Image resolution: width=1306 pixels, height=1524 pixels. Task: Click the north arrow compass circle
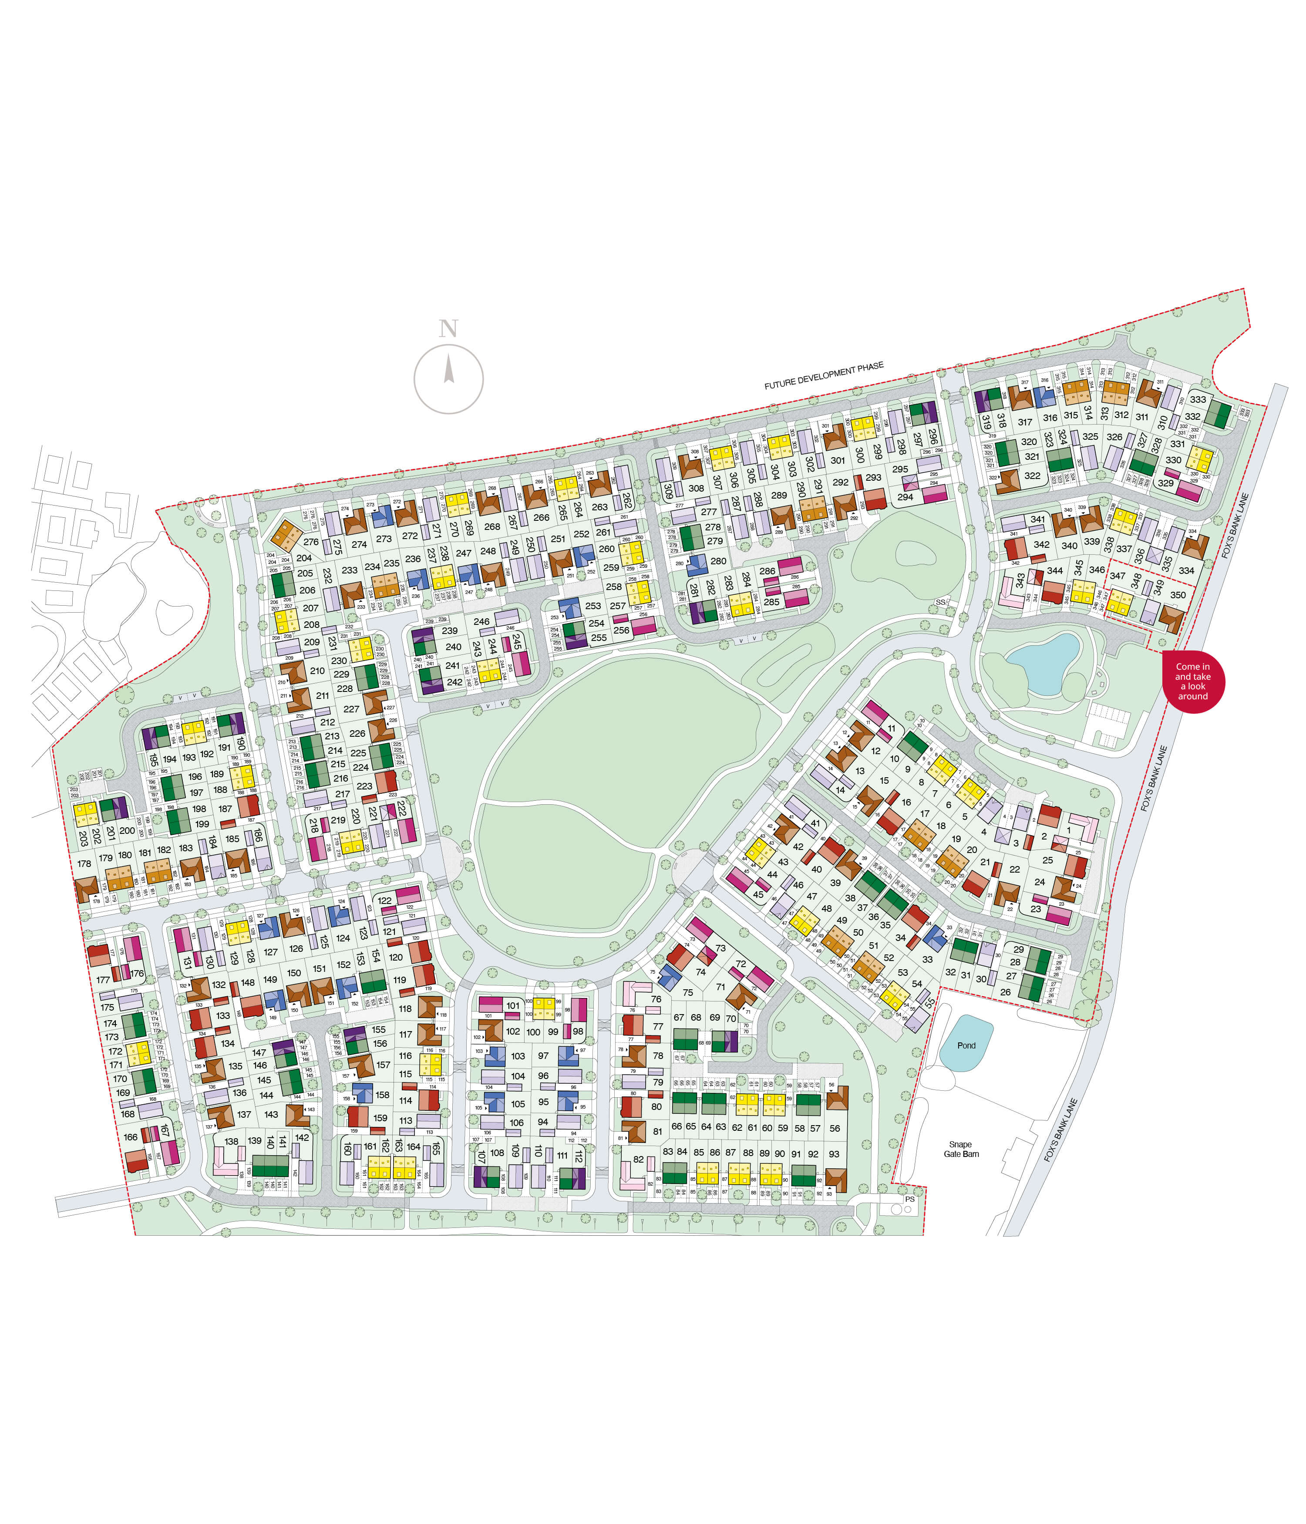[x=448, y=379]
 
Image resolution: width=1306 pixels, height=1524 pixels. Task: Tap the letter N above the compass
[x=448, y=329]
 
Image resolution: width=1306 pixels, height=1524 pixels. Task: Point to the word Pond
[x=966, y=1045]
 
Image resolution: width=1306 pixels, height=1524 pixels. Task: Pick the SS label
[x=940, y=602]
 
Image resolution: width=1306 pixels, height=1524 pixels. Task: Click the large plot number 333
[x=1198, y=399]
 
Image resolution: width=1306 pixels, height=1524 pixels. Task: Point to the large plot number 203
[x=83, y=838]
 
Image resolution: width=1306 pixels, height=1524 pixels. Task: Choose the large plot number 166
[x=130, y=1137]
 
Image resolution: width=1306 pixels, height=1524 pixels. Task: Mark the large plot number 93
[x=834, y=1154]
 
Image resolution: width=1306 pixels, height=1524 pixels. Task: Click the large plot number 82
[x=638, y=1159]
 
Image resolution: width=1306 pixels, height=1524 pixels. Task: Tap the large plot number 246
[x=481, y=621]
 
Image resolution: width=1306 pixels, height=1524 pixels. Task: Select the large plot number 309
[x=668, y=491]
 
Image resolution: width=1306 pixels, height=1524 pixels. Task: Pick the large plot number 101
[x=512, y=1005]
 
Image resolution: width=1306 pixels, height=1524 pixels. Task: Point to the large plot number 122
[x=384, y=900]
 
